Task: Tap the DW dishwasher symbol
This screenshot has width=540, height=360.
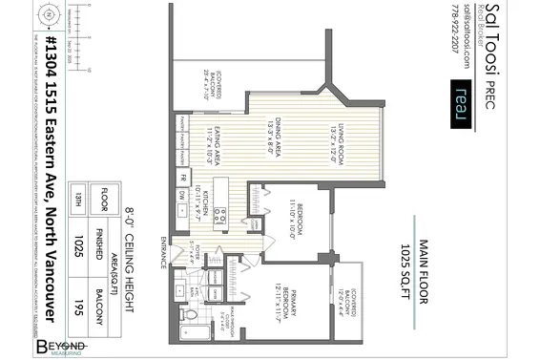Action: tap(182, 195)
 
